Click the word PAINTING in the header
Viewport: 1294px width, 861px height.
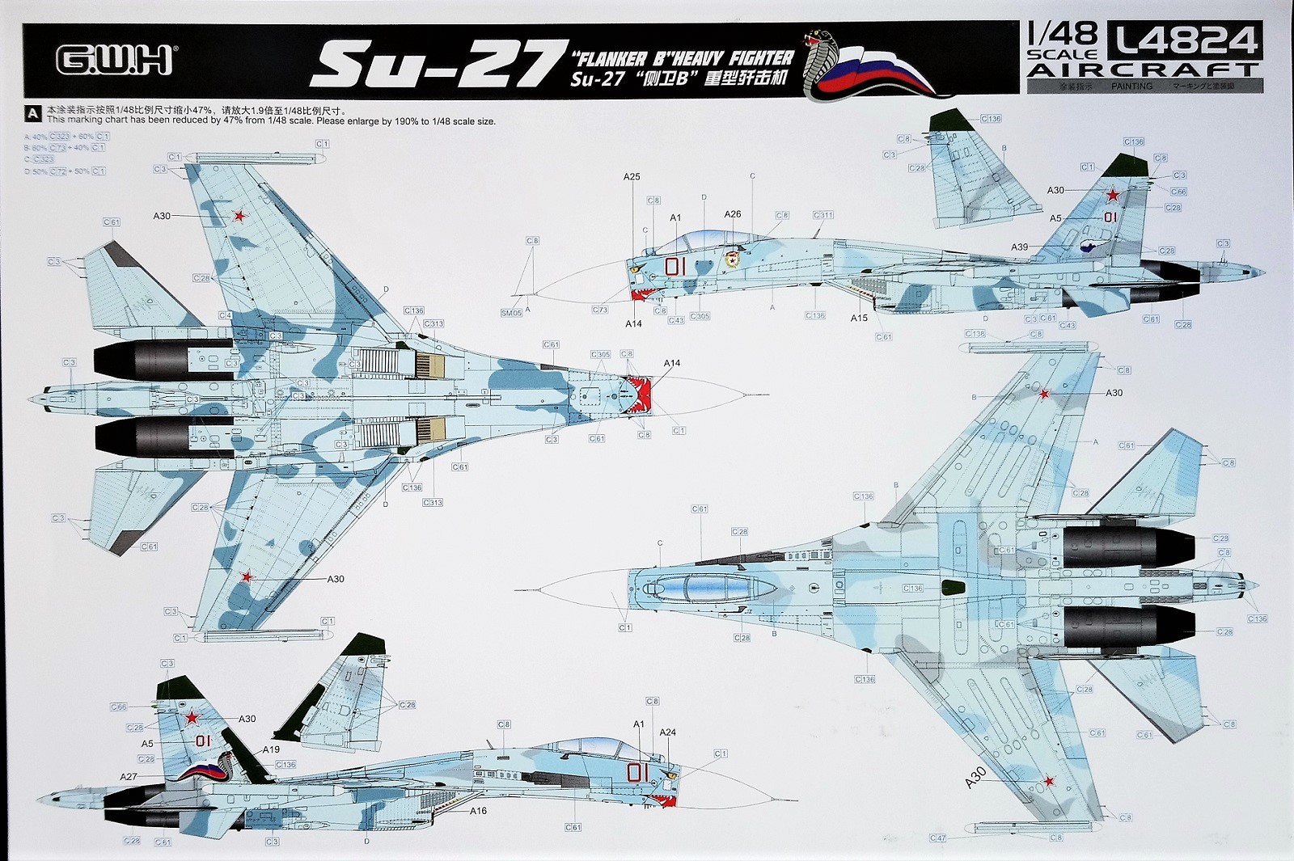coord(1131,86)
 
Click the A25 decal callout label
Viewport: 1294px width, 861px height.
coord(632,176)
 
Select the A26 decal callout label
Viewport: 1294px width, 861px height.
coord(732,214)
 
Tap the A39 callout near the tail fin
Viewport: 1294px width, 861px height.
coord(1019,247)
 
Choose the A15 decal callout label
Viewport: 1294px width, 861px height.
coord(858,318)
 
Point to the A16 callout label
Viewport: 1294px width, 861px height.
coord(478,810)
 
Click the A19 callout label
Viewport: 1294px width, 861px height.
coord(271,749)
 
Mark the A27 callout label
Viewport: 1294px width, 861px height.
coord(129,776)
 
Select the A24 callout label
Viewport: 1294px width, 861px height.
coord(667,732)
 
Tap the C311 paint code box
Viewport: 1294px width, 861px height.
coord(822,215)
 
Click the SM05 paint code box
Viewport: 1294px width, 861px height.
coord(511,312)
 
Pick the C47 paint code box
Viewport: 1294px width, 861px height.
coord(937,838)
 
